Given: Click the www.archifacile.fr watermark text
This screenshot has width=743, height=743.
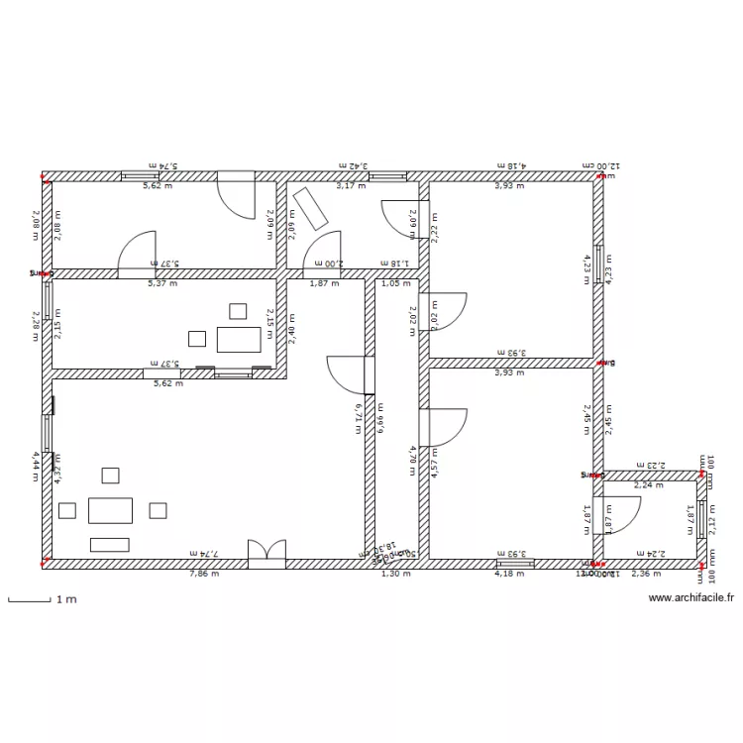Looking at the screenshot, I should click(x=690, y=598).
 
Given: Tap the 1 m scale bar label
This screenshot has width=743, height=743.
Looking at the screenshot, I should click(x=67, y=599).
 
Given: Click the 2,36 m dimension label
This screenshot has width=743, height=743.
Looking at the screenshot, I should click(x=645, y=573).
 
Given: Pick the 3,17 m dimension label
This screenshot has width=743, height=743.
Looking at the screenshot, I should click(x=351, y=185).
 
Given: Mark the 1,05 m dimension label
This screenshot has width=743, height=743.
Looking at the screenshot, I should click(x=395, y=283).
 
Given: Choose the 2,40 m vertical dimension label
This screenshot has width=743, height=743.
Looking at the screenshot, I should click(x=290, y=324).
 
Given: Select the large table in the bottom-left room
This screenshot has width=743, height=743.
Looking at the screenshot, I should click(x=110, y=510).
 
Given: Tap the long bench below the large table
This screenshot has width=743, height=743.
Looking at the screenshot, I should click(x=110, y=544).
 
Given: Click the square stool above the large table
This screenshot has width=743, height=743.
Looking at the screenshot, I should click(x=110, y=476).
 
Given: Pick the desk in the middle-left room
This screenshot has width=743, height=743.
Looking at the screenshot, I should click(x=239, y=339).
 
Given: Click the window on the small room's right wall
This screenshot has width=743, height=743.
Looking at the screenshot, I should click(x=702, y=517).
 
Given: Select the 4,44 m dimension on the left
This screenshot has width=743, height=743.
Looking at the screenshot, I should click(x=35, y=466).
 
